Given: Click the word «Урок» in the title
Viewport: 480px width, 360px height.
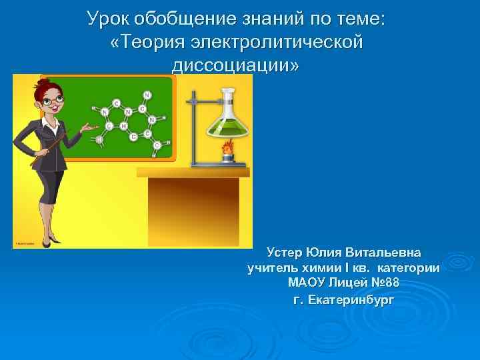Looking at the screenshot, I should (x=109, y=19).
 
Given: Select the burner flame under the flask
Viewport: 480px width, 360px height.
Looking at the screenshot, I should (x=227, y=147).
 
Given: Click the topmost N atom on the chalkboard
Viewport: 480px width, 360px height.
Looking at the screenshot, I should (x=147, y=95).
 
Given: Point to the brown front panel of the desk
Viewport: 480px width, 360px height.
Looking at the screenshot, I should (x=193, y=207).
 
